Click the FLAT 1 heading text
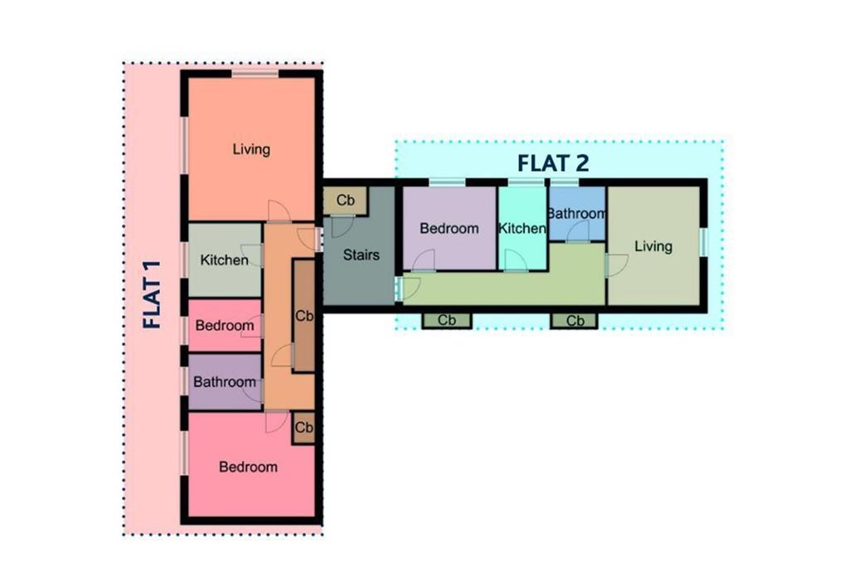153,294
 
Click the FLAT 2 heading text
553,163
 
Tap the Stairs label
361,254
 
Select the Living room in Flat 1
251,149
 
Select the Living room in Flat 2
653,246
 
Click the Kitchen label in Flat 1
224,259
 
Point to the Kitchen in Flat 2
522,228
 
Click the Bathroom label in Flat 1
225,381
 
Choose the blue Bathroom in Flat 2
577,213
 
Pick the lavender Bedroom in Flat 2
449,228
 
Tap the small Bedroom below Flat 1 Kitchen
225,325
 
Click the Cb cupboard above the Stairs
346,201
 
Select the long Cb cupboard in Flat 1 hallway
303,316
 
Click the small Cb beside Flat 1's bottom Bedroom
303,428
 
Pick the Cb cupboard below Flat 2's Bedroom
447,321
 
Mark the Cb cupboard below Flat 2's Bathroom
575,321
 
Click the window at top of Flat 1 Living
255,74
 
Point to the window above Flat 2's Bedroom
448,182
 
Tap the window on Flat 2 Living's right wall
703,242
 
